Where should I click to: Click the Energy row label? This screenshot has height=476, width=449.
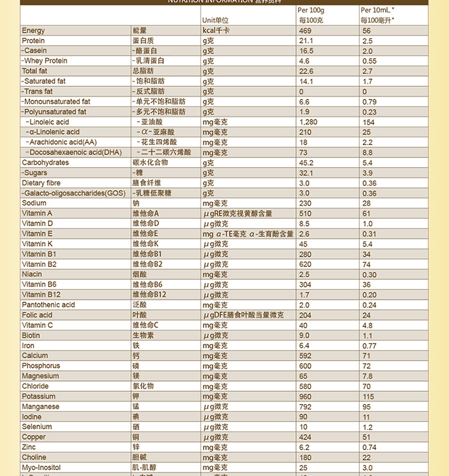tap(34, 31)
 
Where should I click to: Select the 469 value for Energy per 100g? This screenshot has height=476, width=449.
tap(305, 31)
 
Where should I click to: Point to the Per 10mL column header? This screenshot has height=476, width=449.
tap(377, 11)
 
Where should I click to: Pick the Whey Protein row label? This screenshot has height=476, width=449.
tap(45, 61)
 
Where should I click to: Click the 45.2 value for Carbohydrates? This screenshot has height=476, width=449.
tap(306, 163)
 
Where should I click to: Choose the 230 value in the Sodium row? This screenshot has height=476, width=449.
tap(305, 204)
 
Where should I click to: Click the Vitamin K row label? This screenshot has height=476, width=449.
tap(37, 245)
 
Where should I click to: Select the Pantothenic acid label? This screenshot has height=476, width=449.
tap(48, 305)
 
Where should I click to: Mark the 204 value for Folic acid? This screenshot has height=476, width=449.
tap(305, 315)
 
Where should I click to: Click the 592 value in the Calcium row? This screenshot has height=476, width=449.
tap(305, 356)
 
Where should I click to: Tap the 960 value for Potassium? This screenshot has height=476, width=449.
tap(305, 397)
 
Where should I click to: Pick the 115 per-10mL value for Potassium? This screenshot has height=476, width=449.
tap(368, 397)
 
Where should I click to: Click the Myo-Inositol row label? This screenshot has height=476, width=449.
tap(41, 468)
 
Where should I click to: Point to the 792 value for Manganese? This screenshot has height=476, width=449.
tap(305, 407)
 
